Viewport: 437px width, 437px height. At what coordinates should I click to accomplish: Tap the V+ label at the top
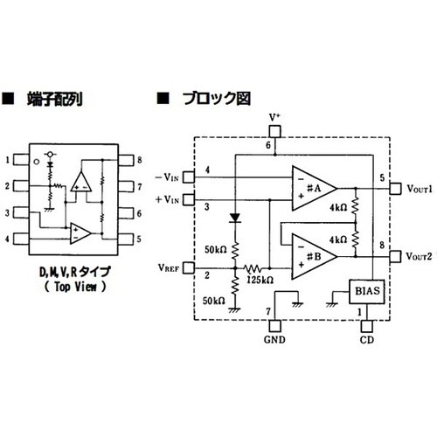pyautogui.click(x=274, y=116)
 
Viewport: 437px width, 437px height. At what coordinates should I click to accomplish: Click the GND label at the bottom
pyautogui.click(x=274, y=339)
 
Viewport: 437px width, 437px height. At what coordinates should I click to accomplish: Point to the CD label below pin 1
pyautogui.click(x=366, y=339)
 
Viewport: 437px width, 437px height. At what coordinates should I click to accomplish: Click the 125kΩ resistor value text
pyautogui.click(x=261, y=279)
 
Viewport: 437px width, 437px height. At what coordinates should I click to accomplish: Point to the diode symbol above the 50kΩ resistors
pyautogui.click(x=233, y=217)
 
